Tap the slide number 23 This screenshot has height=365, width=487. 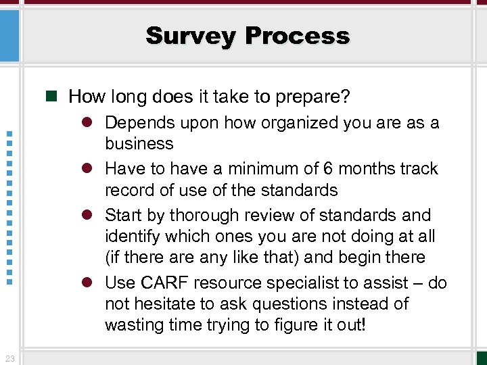[9, 358]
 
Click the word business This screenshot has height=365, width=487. [139, 143]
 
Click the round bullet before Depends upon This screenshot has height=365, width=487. [93, 123]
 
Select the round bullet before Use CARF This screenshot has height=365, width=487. [93, 283]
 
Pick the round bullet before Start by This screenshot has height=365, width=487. [93, 215]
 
